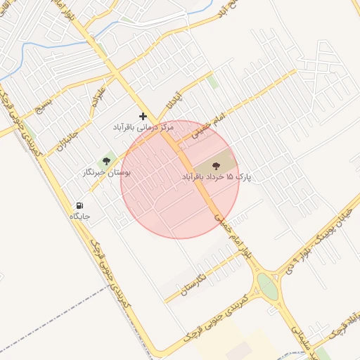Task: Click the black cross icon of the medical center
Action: tap(143, 116)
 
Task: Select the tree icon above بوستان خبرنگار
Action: tap(108, 161)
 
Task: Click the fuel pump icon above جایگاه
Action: tap(79, 205)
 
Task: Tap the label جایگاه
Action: tap(79, 217)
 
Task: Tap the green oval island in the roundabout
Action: tap(267, 286)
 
